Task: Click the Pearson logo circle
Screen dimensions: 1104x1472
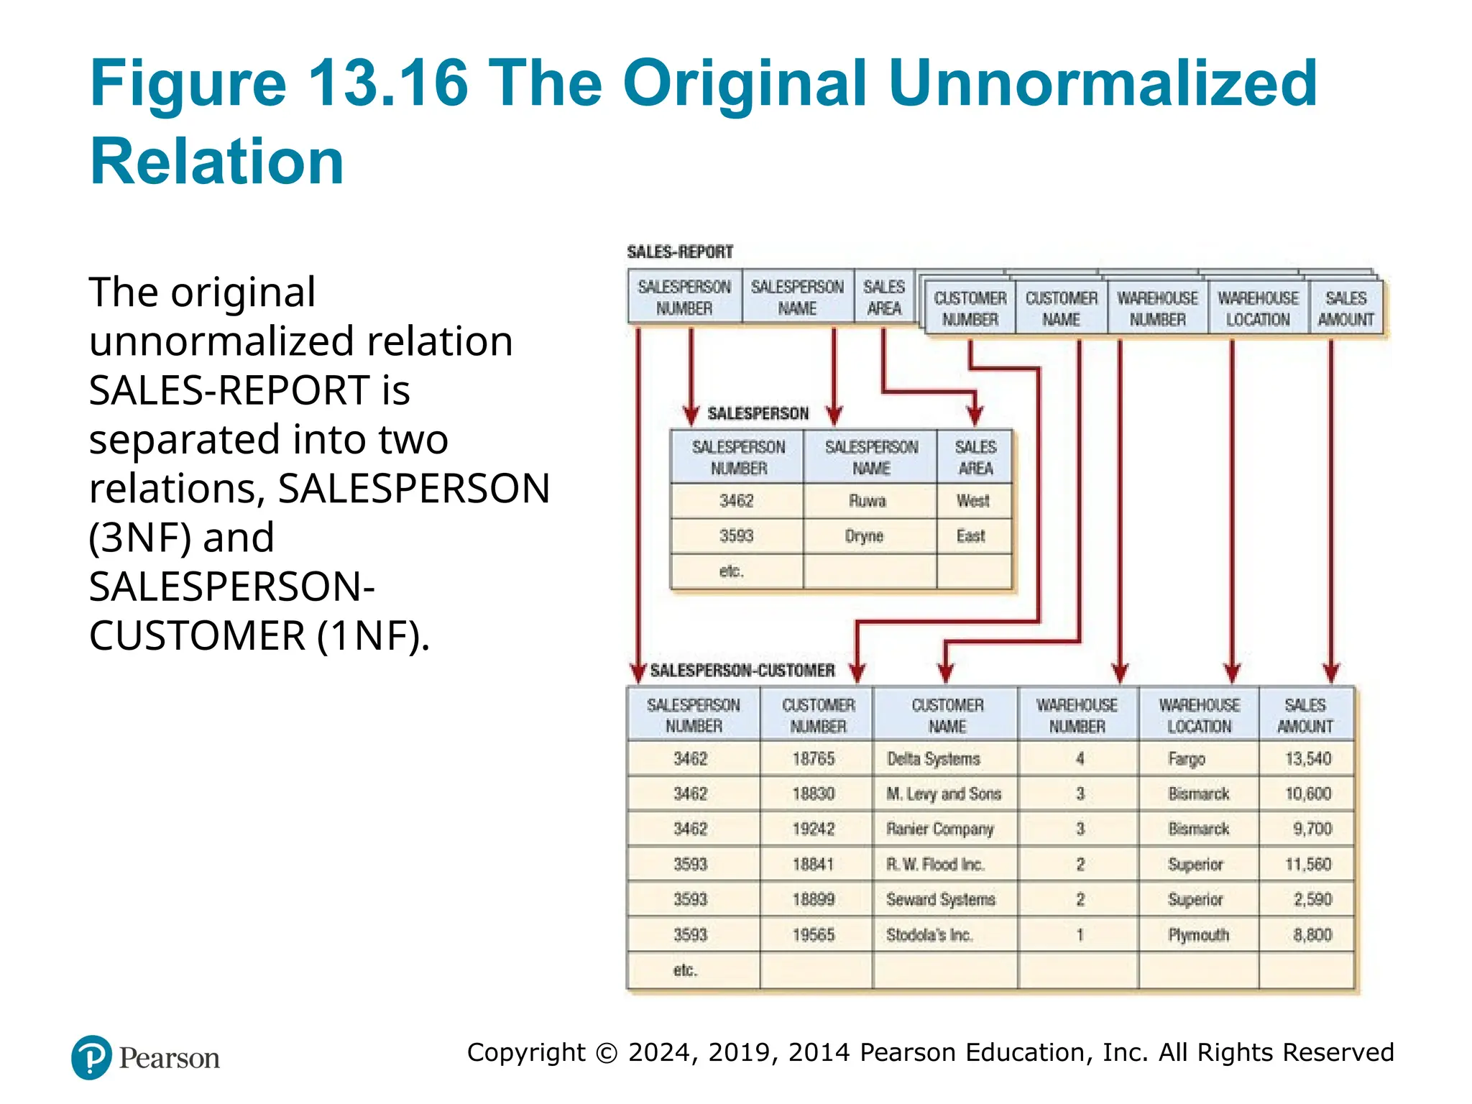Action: [91, 1057]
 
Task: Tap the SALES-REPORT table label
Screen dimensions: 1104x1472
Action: [679, 252]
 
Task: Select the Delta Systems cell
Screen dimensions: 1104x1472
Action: [933, 759]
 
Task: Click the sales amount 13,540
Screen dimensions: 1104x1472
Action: [1308, 759]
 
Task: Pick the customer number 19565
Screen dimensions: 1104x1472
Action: [814, 935]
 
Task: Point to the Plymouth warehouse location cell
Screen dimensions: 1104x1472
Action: [1198, 935]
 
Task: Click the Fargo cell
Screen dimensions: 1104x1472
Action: [1187, 759]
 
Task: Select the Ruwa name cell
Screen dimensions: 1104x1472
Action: [868, 501]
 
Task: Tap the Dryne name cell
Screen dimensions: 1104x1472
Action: [864, 536]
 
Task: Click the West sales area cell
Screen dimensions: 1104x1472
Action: [973, 501]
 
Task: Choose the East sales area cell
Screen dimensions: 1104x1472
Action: [971, 536]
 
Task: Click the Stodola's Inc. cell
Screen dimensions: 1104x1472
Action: [929, 935]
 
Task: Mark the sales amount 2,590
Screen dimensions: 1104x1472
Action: [1312, 900]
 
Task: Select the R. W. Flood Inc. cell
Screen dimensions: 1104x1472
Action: [935, 865]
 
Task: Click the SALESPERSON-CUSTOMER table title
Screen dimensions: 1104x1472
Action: [742, 671]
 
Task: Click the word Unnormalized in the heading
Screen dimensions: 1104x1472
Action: [1103, 83]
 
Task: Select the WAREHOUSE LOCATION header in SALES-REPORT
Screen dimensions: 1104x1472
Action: [1258, 309]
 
